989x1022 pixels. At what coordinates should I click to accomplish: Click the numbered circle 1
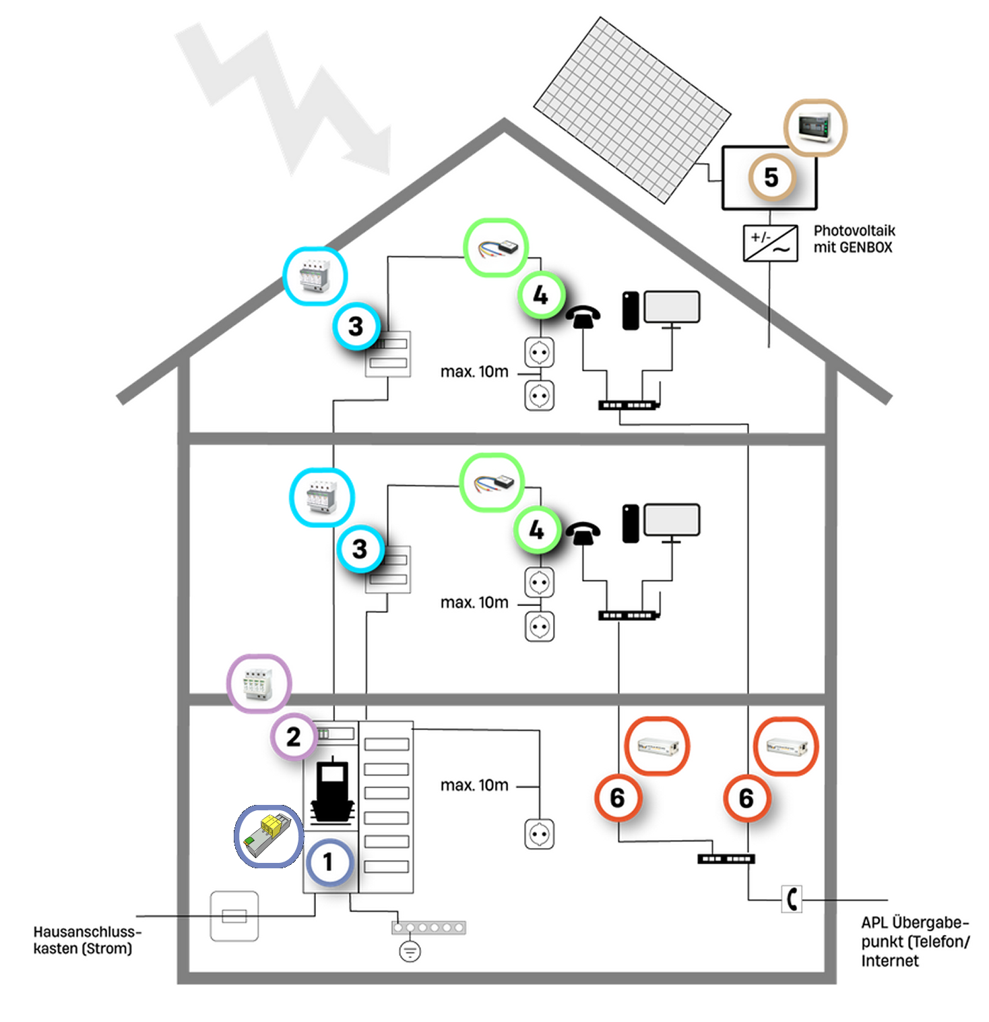click(329, 862)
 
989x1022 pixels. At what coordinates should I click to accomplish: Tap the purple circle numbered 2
click(294, 736)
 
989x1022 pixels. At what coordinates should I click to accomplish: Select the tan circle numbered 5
click(771, 177)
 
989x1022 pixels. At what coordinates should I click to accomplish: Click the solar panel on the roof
click(632, 110)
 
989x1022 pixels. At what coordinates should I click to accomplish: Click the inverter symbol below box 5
click(770, 243)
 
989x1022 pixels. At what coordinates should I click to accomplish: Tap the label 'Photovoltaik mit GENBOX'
click(854, 239)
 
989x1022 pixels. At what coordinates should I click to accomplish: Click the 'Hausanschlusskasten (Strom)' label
click(86, 940)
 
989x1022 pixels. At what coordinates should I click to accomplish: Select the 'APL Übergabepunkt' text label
click(914, 941)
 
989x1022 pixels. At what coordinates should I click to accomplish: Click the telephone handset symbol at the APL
click(792, 899)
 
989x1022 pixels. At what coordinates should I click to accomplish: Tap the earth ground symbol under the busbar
click(410, 951)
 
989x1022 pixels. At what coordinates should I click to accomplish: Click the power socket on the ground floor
click(539, 834)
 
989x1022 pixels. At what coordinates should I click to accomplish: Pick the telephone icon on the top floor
click(583, 315)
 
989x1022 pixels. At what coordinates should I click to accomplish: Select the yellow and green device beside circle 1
click(269, 835)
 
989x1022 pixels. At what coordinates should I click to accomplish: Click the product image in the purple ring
click(259, 683)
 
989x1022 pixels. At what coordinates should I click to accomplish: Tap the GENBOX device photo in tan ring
click(815, 127)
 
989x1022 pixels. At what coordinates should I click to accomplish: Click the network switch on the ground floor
click(726, 859)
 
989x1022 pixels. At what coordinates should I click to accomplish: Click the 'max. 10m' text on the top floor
click(474, 371)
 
